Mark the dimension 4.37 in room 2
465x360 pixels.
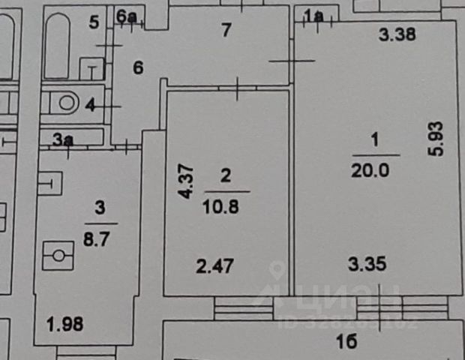(184, 182)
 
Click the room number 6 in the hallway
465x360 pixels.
(137, 67)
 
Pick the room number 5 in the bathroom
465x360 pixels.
(94, 22)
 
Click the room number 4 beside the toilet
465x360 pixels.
(91, 106)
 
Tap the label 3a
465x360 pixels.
(63, 139)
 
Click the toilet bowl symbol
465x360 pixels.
(63, 103)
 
